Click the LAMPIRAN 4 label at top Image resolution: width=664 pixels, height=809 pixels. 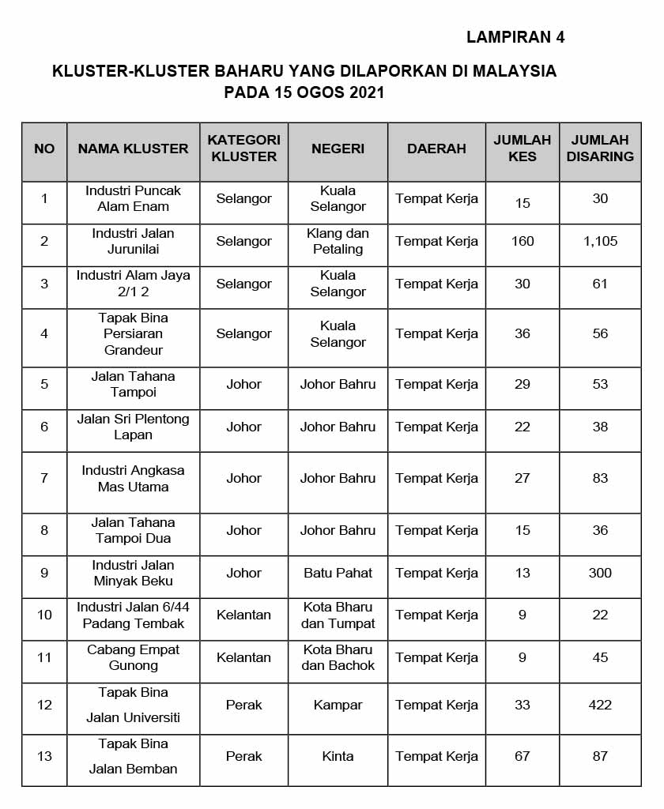(515, 36)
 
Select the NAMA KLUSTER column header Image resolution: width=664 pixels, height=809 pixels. (133, 149)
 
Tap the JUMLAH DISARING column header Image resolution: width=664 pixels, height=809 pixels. (600, 149)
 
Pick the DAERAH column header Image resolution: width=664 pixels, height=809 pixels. (436, 149)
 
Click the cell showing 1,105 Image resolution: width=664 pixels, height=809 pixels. (600, 241)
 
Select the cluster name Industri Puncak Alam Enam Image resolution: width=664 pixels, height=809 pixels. (133, 198)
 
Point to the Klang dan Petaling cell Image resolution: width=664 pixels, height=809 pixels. (338, 241)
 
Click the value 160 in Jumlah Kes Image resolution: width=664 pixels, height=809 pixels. (523, 241)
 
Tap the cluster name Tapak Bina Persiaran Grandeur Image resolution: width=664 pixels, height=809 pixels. (133, 333)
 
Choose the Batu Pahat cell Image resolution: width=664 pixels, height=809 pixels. (338, 573)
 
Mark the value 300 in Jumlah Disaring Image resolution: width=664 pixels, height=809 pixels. (600, 573)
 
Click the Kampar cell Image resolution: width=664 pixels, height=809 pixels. (338, 705)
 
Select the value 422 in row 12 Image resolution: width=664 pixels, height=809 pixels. (600, 705)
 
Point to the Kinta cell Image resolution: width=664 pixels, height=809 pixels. (338, 756)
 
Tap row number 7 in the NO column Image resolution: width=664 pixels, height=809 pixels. (44, 478)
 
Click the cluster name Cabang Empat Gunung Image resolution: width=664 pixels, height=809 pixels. (133, 657)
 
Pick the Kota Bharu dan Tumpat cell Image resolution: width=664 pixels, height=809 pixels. (338, 615)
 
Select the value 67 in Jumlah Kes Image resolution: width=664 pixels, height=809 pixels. (523, 756)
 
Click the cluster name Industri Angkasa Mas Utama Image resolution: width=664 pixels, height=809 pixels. (133, 478)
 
